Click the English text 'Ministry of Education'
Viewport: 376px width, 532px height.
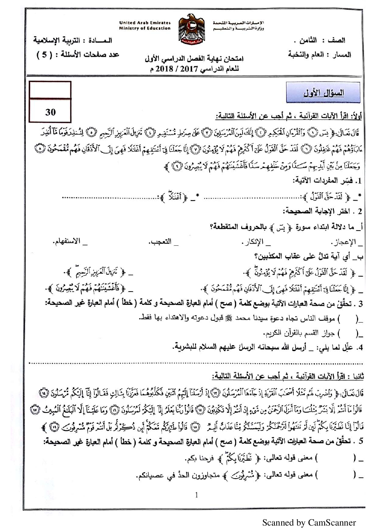pos(145,28)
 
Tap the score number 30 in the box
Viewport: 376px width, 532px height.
pos(50,112)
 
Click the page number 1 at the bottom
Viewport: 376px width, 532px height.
pos(196,495)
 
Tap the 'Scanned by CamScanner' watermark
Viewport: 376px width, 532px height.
pos(309,523)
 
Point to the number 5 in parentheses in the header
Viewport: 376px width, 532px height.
pos(45,55)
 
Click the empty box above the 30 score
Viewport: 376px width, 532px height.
pos(50,90)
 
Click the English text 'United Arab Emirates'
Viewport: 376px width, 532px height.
pos(145,23)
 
